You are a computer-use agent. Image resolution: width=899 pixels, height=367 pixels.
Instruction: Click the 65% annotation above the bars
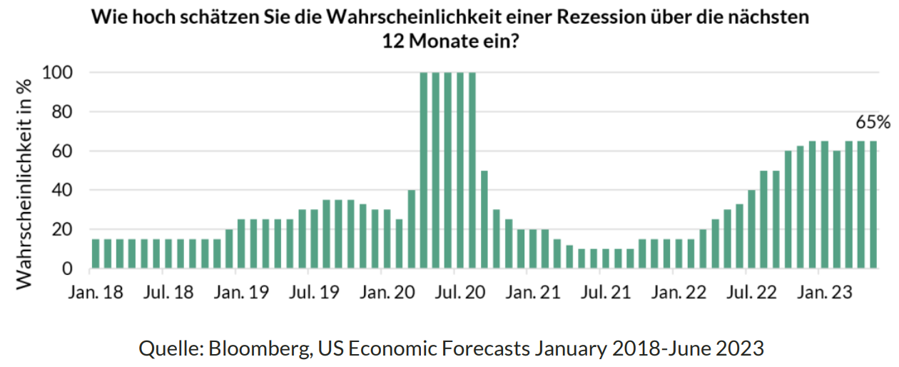[x=873, y=122]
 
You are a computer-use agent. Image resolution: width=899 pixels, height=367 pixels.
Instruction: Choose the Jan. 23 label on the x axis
[x=821, y=292]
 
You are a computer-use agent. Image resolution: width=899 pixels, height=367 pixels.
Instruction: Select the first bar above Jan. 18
[x=96, y=254]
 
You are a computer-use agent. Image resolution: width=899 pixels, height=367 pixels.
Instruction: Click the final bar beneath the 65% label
[x=873, y=205]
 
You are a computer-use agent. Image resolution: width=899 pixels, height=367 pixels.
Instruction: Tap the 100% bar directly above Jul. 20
[x=459, y=171]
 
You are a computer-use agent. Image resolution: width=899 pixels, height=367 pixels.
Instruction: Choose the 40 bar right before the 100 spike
[x=412, y=230]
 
